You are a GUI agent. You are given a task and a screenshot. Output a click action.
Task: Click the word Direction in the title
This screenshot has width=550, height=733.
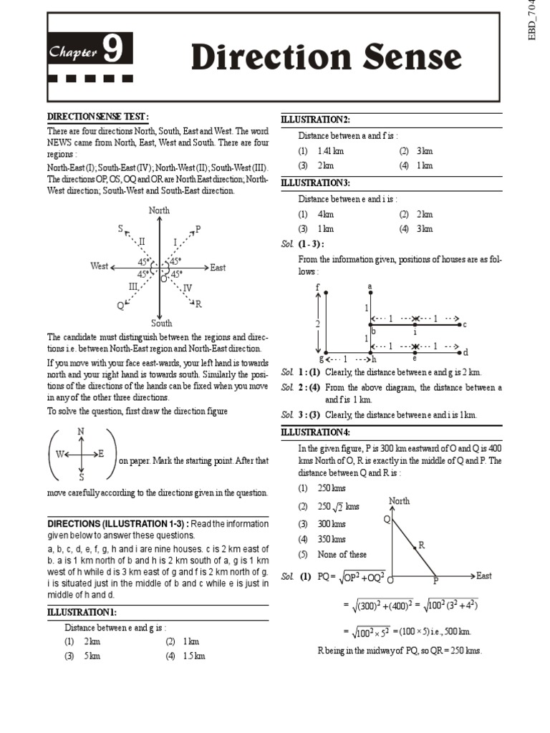click(263, 58)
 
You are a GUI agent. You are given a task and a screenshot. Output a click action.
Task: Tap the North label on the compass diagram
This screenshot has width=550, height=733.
click(159, 210)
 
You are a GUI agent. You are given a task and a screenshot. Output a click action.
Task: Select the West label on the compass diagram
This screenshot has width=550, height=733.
click(100, 266)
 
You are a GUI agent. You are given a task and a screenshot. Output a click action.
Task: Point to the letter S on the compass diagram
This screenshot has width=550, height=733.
click(120, 228)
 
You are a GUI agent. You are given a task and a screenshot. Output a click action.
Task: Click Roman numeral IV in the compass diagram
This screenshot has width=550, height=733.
click(187, 288)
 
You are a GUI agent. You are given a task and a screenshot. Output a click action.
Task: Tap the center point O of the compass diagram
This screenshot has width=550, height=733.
click(163, 278)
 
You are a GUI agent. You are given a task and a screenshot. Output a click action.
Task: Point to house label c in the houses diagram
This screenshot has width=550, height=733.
click(464, 324)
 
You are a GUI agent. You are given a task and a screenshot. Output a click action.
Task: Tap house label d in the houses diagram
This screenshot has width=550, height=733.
click(465, 352)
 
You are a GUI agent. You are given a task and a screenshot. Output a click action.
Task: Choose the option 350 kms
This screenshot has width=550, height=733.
click(332, 539)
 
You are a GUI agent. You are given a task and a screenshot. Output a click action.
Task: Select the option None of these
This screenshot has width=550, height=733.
click(342, 554)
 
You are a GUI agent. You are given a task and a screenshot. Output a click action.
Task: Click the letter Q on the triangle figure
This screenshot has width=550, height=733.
click(386, 519)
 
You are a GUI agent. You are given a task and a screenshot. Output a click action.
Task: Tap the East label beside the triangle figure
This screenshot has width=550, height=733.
click(484, 576)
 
